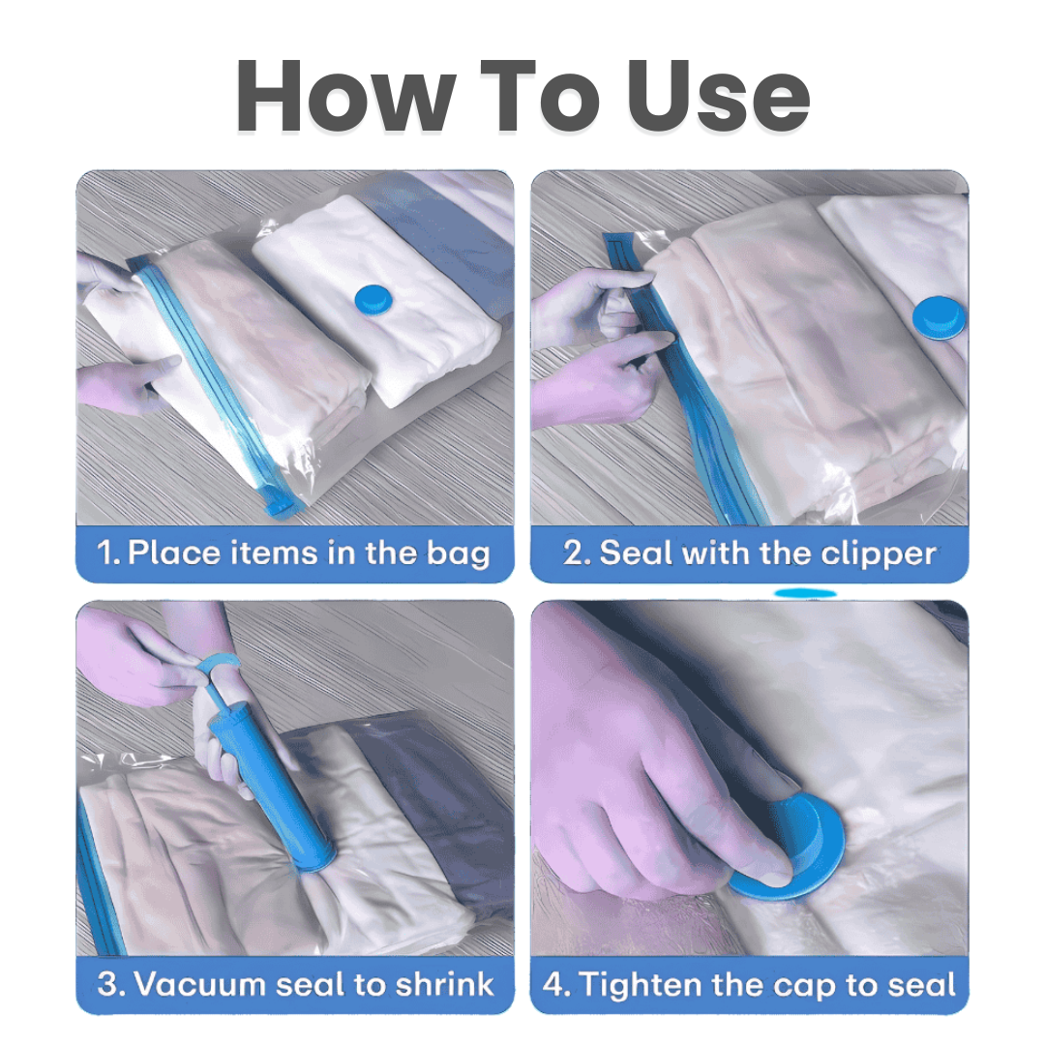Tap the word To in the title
point(540,96)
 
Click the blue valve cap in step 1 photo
point(371,297)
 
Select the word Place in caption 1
point(175,554)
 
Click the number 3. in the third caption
point(112,985)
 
